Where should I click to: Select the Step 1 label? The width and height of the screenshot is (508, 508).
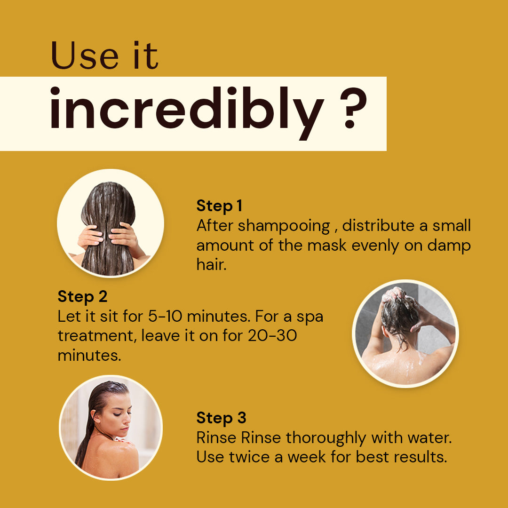point(219,206)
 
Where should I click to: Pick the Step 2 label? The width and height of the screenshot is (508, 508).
point(82,296)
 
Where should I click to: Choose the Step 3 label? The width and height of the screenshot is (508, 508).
point(221,418)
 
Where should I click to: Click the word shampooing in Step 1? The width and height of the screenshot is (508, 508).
point(284,226)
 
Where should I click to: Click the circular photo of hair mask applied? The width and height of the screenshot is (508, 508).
point(111,223)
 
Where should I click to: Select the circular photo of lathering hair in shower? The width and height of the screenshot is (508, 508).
point(405,333)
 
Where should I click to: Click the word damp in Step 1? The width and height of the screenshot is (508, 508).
point(449,246)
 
